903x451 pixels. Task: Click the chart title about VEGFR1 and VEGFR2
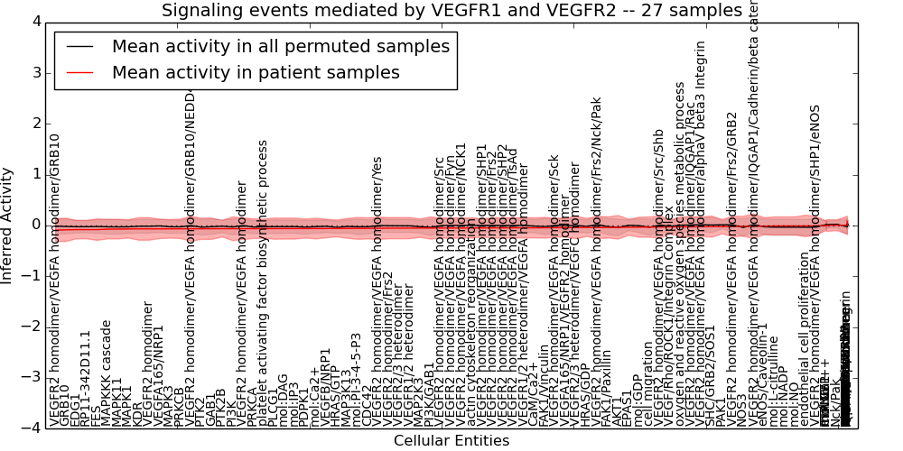[x=451, y=11]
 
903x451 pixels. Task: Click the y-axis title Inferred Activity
[x=7, y=225]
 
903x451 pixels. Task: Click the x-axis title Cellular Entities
[x=451, y=441]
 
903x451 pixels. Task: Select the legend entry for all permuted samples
[x=281, y=47]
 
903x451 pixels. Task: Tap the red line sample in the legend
[x=79, y=73]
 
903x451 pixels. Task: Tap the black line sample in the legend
[x=79, y=47]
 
